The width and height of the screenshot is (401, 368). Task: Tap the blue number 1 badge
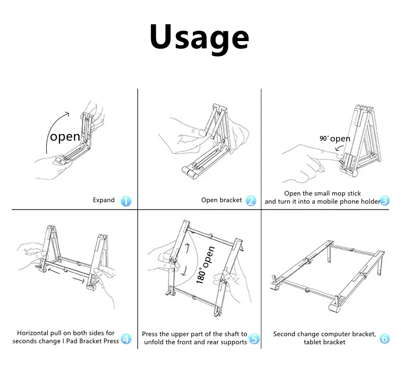coord(126,201)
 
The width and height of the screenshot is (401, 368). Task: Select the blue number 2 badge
coord(251,200)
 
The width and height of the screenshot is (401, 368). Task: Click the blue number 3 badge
coord(384,200)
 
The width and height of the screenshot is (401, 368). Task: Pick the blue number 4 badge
coord(126,339)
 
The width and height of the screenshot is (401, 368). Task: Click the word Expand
coord(104,200)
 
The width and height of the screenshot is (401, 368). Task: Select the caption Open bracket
coord(222,200)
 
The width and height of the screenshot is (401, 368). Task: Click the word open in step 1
coord(65,137)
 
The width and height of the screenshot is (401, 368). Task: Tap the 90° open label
coord(335,139)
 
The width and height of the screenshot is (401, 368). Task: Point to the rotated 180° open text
coord(206,264)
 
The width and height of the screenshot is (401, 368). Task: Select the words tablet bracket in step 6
coord(325,342)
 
